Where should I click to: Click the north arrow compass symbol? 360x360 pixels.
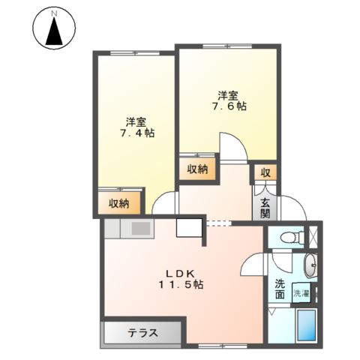pos(54,28)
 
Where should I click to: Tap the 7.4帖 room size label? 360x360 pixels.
pos(137,133)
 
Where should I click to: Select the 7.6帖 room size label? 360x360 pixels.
pos(229,106)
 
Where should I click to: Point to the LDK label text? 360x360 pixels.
pos(181,274)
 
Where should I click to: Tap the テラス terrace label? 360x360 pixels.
pos(143,333)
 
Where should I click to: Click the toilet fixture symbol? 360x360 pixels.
pos(292,237)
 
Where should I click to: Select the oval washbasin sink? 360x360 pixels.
pos(310,265)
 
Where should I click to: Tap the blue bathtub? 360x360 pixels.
pos(306,325)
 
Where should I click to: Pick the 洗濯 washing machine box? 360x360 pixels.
pos(301,293)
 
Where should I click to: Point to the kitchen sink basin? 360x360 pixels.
pos(141,229)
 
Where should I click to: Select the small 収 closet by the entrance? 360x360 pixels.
pos(265,172)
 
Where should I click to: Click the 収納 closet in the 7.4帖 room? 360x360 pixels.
pos(119,203)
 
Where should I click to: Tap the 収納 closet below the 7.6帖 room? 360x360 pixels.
pos(197,169)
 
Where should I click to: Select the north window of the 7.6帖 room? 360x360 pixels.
pos(227,46)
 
